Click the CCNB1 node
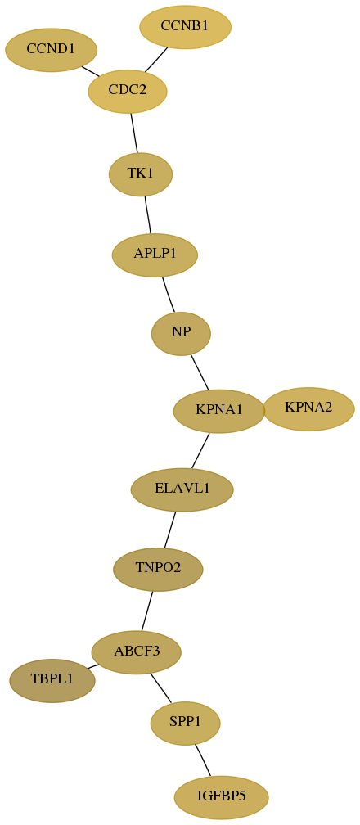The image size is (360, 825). [185, 27]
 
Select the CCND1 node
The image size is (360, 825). [51, 50]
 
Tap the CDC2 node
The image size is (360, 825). [128, 91]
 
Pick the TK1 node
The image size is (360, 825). [141, 174]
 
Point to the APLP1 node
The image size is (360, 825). [155, 255]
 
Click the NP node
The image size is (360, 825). [181, 334]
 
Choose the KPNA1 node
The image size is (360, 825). [219, 412]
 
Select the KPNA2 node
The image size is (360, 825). [308, 409]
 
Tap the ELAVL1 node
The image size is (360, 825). [182, 489]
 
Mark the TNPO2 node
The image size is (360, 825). [158, 570]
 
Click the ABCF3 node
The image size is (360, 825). [137, 652]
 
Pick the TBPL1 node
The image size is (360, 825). [52, 680]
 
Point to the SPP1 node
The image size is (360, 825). [185, 724]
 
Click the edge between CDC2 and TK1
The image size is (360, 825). [134, 133]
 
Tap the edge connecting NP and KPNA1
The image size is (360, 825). [200, 372]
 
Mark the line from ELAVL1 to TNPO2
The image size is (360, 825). [170, 530]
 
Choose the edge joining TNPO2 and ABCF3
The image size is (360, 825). [146, 611]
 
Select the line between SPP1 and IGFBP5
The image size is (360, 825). [203, 760]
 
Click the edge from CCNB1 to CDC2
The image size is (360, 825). [156, 60]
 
